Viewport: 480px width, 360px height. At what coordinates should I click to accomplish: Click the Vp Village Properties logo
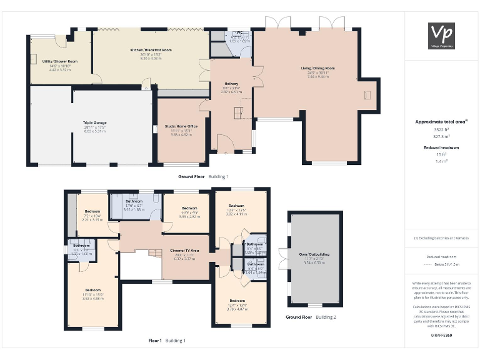[441, 36]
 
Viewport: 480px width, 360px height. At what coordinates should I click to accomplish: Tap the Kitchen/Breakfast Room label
[151, 50]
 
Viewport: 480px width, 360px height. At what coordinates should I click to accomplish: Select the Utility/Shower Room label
[60, 61]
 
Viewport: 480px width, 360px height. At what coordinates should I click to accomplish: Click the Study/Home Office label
[181, 126]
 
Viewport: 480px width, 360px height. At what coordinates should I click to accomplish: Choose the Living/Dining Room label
[317, 68]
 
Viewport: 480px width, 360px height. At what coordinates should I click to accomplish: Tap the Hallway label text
[232, 83]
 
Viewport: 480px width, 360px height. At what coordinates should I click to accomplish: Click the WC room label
[239, 32]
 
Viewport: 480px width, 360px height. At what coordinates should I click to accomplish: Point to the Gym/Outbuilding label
[314, 254]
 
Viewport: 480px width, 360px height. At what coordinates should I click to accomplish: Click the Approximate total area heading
[441, 122]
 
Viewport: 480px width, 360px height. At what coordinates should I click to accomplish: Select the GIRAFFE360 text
[441, 336]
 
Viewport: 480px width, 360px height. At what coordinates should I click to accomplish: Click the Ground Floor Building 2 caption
[311, 317]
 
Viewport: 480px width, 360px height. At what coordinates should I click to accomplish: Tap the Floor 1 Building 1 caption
[166, 341]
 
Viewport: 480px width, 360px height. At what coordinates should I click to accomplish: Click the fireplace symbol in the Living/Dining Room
[367, 95]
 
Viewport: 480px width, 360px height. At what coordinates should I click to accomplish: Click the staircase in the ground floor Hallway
[238, 113]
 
